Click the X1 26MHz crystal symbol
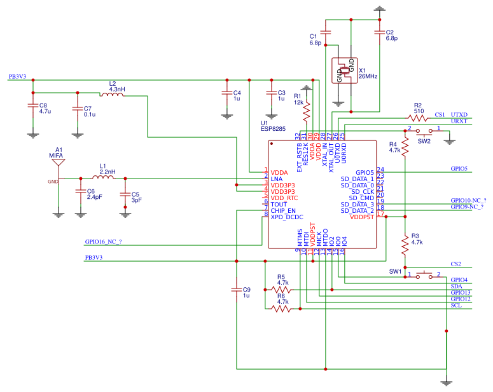tap(344, 71)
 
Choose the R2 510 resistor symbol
tap(418, 118)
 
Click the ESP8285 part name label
tap(273, 128)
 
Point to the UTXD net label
tap(459, 114)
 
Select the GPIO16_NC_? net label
tap(103, 242)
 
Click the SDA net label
tap(455, 287)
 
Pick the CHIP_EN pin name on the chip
tap(282, 210)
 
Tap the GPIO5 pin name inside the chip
tap(365, 172)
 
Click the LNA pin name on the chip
tap(276, 179)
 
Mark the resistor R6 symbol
tap(281, 309)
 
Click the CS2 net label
tap(455, 264)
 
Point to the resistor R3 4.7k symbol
tap(405, 243)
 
